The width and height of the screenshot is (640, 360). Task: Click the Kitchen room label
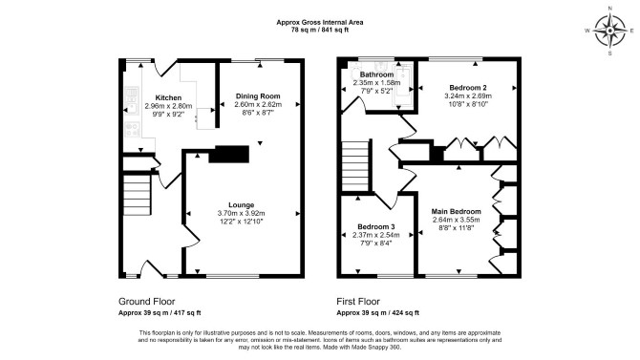coord(168,98)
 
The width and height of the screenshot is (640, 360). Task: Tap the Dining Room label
coord(258,96)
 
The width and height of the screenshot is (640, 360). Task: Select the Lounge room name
coord(242,205)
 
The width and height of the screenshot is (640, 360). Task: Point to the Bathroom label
coord(376,74)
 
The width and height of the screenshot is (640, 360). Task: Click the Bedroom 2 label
coord(468,88)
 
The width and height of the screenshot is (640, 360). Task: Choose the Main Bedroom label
coord(457,211)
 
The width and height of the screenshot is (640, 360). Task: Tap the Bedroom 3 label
coord(376,227)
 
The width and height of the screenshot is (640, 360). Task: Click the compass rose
coord(610,31)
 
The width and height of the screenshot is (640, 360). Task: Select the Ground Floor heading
coord(146,302)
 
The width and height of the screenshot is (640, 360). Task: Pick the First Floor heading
coord(358,302)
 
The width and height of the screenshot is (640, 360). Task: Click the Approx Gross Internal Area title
coord(320,23)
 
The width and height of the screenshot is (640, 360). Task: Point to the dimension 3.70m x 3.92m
coord(242,214)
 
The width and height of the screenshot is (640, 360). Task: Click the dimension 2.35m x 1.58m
coord(376,83)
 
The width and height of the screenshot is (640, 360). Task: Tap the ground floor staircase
coord(138,195)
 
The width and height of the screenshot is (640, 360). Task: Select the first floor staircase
coord(356,166)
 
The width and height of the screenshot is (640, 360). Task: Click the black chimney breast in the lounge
coord(229,155)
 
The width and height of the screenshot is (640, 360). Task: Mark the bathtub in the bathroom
coord(402,86)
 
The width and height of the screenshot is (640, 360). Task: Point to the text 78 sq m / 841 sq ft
coord(320,30)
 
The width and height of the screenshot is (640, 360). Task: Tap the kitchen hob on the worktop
coord(132,129)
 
